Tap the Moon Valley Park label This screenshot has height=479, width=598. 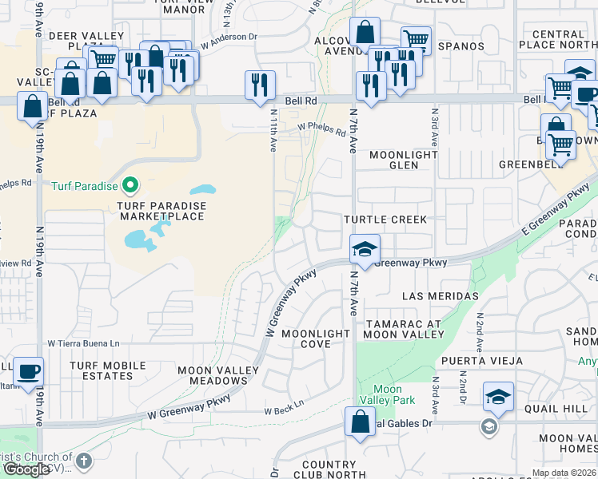coord(387,394)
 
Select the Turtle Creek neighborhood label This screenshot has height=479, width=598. coord(385,220)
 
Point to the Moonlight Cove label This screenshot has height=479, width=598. coord(316,338)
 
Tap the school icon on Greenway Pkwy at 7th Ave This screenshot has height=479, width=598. coord(365,248)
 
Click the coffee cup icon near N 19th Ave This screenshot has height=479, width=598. coord(29,371)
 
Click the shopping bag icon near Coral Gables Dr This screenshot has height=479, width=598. coord(360,421)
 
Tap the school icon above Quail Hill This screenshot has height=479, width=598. coord(498,397)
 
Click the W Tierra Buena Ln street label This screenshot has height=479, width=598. coord(83,343)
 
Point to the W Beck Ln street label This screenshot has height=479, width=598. coord(285,411)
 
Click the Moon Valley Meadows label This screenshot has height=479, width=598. coord(218,375)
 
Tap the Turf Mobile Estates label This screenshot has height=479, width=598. coord(107,370)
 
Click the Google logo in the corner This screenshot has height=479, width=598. coord(26,469)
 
